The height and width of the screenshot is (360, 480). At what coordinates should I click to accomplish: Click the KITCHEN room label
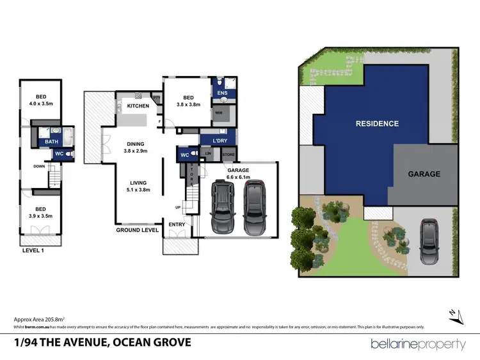[x=138, y=106]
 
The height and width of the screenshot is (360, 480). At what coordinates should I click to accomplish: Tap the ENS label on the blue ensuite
[x=223, y=93]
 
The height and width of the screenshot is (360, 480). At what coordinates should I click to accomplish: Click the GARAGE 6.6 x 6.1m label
[x=237, y=173]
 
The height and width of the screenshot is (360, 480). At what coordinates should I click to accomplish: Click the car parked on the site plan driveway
[x=429, y=242]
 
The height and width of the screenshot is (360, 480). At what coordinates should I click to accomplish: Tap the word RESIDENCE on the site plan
[x=377, y=123]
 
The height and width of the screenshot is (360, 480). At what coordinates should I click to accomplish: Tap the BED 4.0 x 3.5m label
[x=40, y=102]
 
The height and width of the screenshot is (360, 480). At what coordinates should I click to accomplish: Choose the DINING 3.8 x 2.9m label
[x=135, y=147]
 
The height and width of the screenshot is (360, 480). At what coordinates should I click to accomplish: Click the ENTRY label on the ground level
[x=177, y=224]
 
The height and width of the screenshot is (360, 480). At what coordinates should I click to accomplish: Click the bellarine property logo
[x=418, y=344]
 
